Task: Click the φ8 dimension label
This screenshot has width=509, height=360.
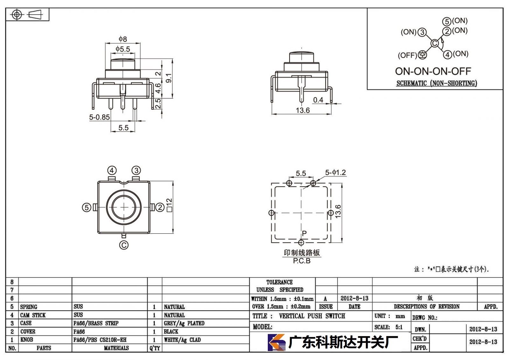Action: tap(123, 39)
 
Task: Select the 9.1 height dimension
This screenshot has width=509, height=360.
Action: tap(169, 78)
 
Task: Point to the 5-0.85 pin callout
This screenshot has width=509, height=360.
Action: tap(99, 117)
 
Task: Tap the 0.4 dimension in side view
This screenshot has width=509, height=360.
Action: tap(318, 100)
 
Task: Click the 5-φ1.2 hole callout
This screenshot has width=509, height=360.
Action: tap(335, 173)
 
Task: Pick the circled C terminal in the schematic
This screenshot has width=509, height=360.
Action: tap(435, 43)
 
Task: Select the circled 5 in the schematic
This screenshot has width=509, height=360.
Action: tap(447, 22)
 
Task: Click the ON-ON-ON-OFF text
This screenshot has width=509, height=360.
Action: tap(433, 71)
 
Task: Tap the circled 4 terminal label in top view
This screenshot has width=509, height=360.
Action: tap(112, 170)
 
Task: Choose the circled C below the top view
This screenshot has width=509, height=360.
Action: tap(124, 245)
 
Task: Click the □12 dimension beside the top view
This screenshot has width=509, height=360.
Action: tap(170, 205)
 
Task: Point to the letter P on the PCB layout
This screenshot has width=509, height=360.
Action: tap(304, 233)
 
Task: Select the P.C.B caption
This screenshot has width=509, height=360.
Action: tap(302, 261)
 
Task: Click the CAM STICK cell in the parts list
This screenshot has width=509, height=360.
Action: tap(33, 315)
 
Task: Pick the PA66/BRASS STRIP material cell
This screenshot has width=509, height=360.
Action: tap(96, 323)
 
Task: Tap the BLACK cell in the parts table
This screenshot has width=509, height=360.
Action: tap(171, 331)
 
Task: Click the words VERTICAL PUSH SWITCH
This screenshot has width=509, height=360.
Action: tap(312, 316)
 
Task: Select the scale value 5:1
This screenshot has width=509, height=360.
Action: tap(399, 327)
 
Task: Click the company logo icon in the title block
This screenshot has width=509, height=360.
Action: tap(276, 342)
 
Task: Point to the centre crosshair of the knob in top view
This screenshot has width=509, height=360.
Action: tap(124, 207)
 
